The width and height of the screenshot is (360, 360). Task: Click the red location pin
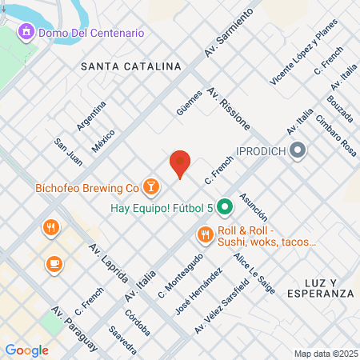pyautogui.click(x=180, y=163)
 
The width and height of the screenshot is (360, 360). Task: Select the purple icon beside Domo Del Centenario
pyautogui.click(x=26, y=33)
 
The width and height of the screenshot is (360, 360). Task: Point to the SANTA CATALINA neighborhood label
pyautogui.click(x=130, y=68)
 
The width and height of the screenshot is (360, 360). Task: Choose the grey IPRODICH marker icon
pyautogui.click(x=298, y=150)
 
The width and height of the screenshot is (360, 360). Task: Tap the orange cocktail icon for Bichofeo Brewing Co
pyautogui.click(x=150, y=188)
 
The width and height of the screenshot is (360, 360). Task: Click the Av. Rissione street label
pyautogui.click(x=229, y=110)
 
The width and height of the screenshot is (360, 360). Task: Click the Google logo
pyautogui.click(x=26, y=350)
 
